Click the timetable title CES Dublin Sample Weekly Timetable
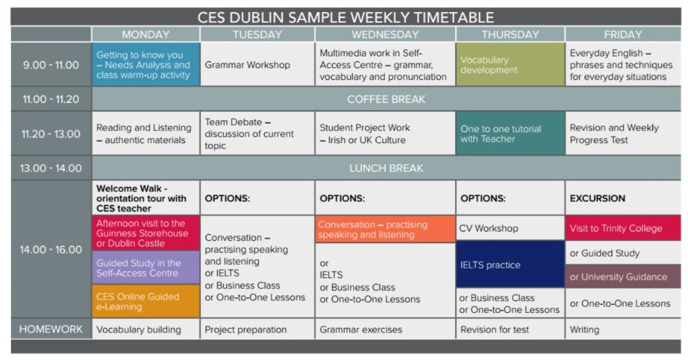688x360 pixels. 346,17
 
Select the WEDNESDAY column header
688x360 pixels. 385,34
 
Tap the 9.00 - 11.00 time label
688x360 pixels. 51,65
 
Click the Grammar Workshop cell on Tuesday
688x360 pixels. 257,64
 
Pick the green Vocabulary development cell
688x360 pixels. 510,64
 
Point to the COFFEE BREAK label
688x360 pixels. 386,99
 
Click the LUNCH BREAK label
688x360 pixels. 386,168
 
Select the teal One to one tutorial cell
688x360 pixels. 510,133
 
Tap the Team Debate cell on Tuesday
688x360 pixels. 257,133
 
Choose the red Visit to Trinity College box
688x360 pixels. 623,228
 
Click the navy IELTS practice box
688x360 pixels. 510,265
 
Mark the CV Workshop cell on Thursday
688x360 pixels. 510,228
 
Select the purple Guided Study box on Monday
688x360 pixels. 146,267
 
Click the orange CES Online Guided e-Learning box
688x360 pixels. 146,302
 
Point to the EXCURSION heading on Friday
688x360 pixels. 597,198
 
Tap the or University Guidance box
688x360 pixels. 623,276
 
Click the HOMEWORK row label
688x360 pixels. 51,329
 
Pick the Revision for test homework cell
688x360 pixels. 510,329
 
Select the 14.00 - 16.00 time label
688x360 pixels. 51,249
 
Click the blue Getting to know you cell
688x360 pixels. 146,64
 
